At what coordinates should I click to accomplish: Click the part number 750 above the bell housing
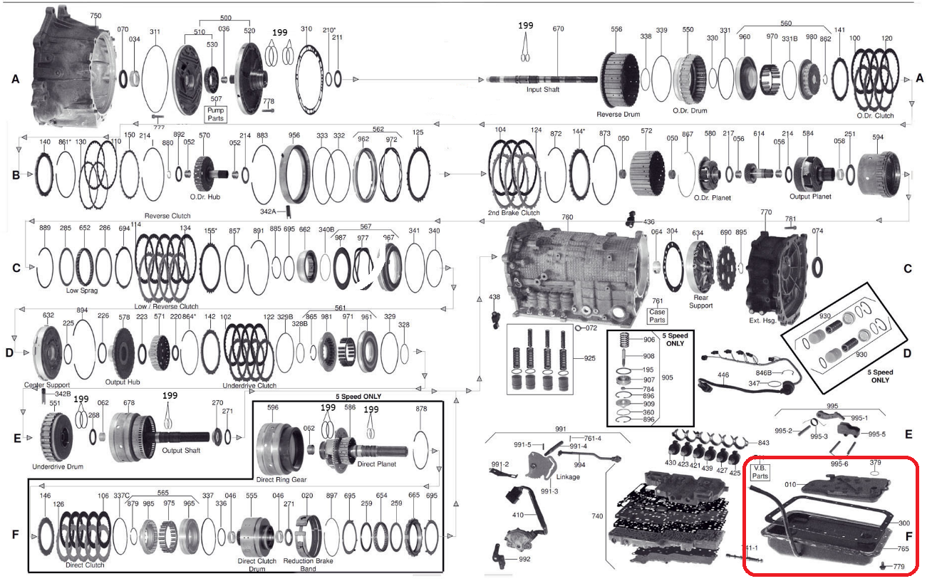pos(95,16)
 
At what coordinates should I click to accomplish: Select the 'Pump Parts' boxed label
pos(215,113)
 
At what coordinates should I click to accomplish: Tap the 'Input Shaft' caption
pos(543,90)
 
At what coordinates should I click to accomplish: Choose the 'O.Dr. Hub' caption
pos(201,197)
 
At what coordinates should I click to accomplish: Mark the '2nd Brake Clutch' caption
pos(514,213)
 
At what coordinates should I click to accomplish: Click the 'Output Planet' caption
pos(811,197)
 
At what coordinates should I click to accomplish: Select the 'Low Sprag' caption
pos(82,291)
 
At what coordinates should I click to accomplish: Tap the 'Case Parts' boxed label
pos(657,315)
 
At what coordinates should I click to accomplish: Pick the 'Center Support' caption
pos(48,384)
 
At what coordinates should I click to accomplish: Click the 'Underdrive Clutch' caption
pos(249,385)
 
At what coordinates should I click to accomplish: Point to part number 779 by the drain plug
pos(899,567)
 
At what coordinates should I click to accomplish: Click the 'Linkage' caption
pos(567,476)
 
